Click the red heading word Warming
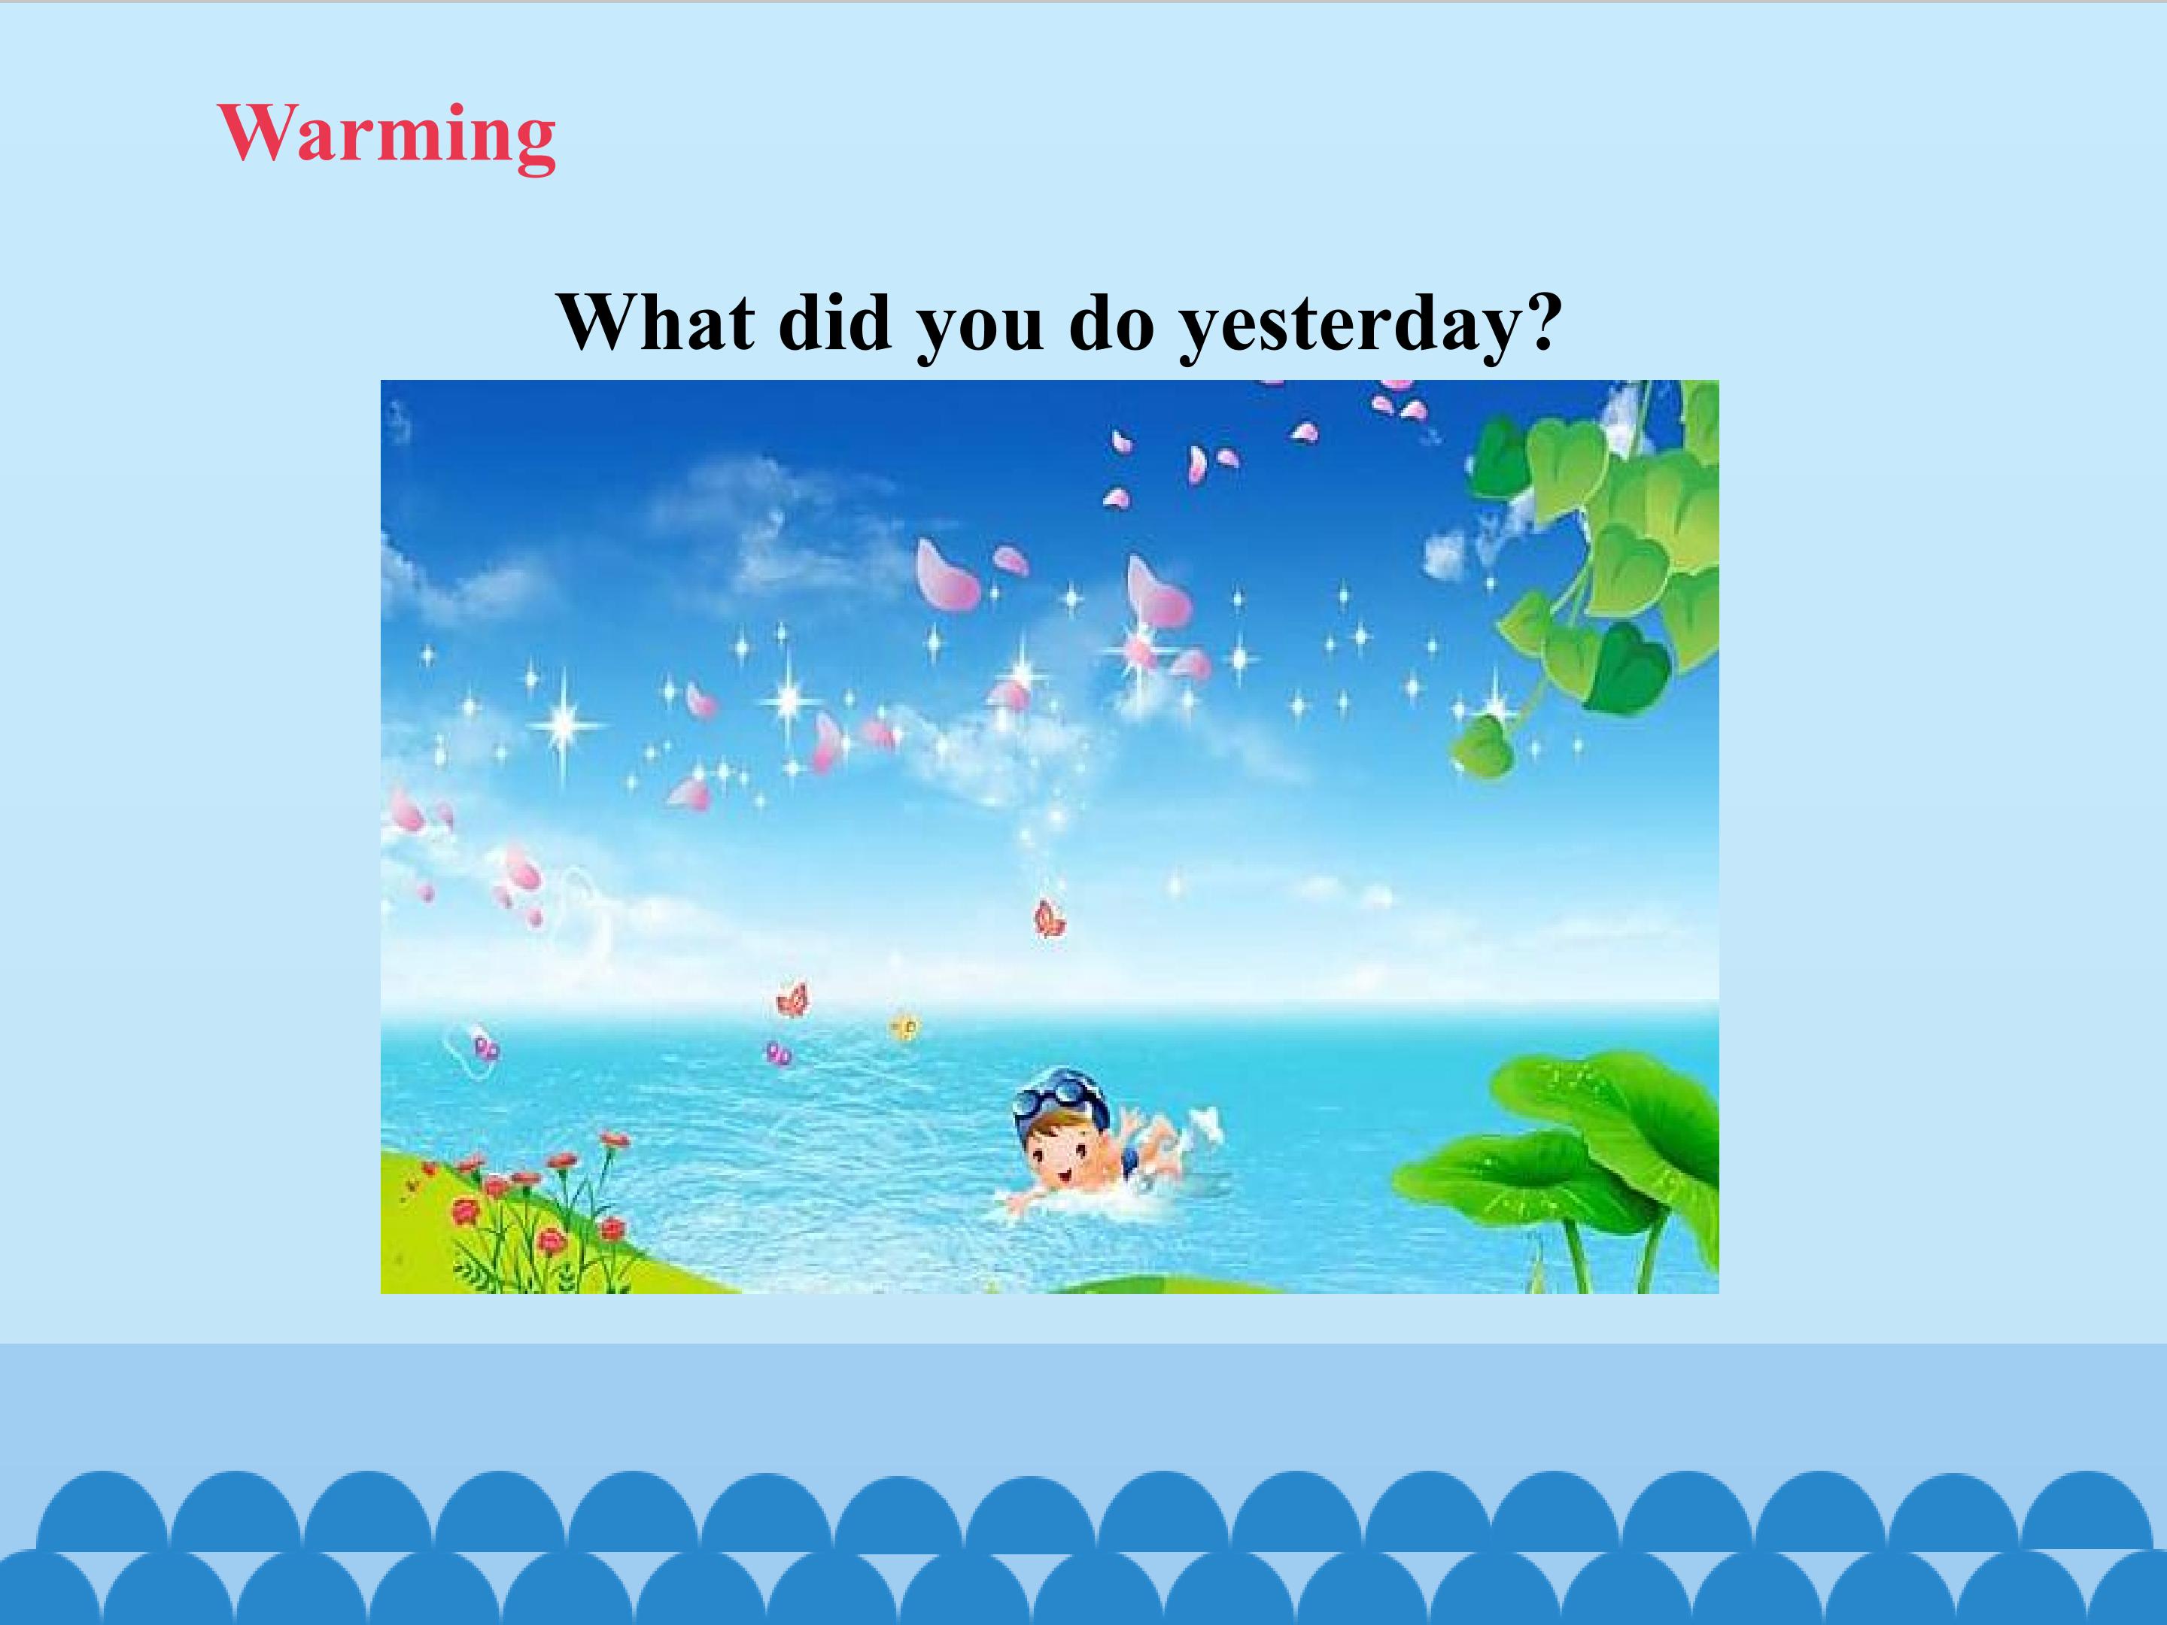click(387, 136)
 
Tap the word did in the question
click(834, 321)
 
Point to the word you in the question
click(979, 331)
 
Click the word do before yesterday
click(1111, 321)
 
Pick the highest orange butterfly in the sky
click(1049, 919)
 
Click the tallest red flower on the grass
click(614, 1141)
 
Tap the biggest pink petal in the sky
click(944, 578)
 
